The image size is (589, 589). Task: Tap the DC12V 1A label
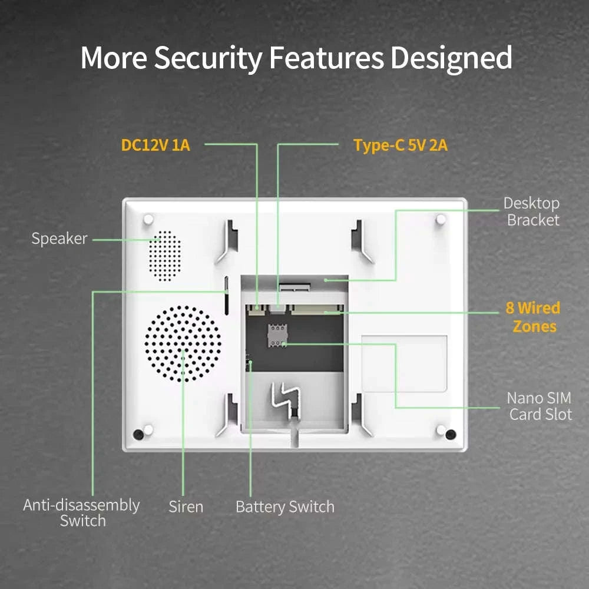[x=155, y=145]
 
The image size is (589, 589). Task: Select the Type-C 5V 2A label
[x=401, y=145]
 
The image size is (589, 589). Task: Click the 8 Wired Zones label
[x=533, y=317]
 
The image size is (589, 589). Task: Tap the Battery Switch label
[x=284, y=507]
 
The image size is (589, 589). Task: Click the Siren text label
[x=186, y=507]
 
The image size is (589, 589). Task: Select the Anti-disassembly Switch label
[x=82, y=512]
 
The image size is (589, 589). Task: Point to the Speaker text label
[x=59, y=239]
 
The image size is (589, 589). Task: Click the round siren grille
[x=183, y=344]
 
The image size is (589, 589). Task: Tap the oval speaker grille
[x=164, y=254]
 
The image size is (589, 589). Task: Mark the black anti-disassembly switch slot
[x=226, y=294]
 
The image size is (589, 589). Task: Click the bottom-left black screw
[x=138, y=434]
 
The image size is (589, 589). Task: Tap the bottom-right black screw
[x=451, y=434]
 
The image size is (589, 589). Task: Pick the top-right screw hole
[x=441, y=219]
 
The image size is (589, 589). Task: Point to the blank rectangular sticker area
[x=404, y=363]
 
